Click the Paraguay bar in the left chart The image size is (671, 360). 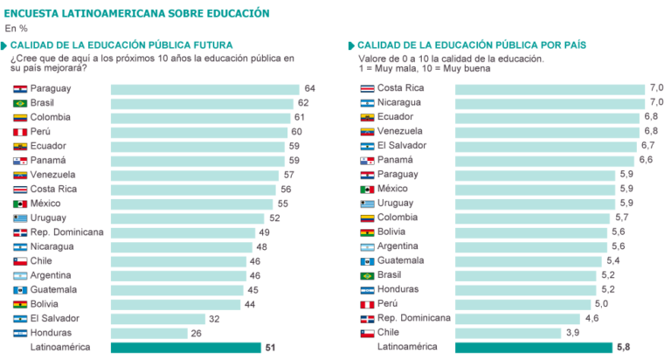click(x=205, y=89)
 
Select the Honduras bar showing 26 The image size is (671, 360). click(x=149, y=333)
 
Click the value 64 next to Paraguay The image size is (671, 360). click(x=309, y=89)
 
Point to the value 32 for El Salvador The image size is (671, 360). click(x=214, y=319)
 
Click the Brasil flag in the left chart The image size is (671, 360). click(x=20, y=103)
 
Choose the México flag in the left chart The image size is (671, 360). click(x=20, y=204)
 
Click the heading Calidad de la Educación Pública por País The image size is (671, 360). click(x=473, y=45)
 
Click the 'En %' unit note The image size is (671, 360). click(x=17, y=28)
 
